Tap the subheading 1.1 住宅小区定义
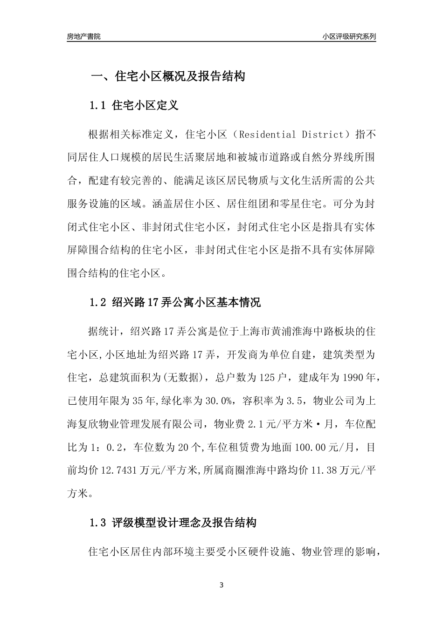(134, 106)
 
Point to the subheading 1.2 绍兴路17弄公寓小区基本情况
(175, 303)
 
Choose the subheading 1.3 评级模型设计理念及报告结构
(173, 523)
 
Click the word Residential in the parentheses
(267, 135)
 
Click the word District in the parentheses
(322, 135)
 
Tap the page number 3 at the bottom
(221, 585)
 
